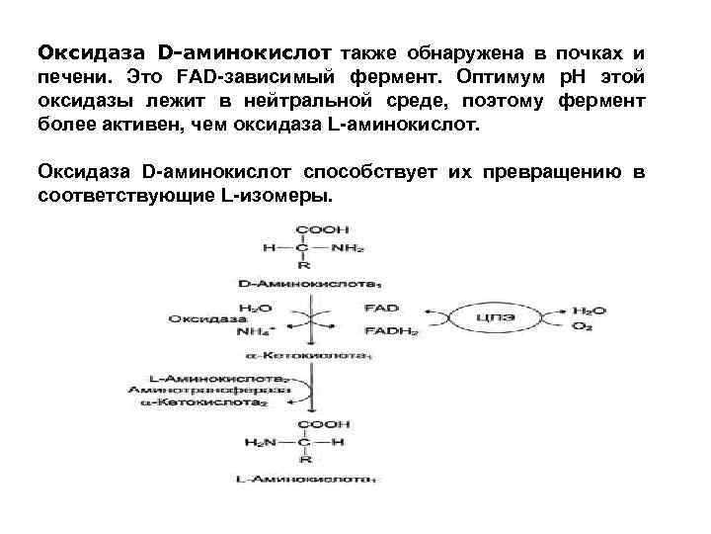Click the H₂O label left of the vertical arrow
(251, 309)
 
